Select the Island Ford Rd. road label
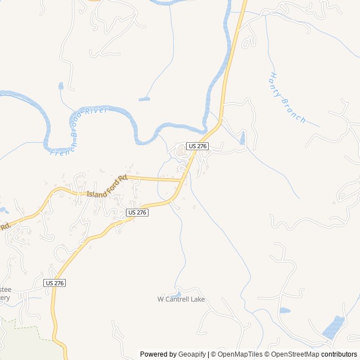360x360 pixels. [x=107, y=187]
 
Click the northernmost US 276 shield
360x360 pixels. [x=198, y=146]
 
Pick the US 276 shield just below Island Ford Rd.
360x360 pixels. [x=137, y=212]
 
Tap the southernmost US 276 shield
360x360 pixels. [x=55, y=283]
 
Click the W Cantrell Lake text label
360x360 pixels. [x=181, y=299]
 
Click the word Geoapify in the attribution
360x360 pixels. [x=192, y=354]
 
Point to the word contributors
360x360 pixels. [x=339, y=354]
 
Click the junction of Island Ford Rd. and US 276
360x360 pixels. [x=182, y=181]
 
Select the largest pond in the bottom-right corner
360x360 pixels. [x=334, y=327]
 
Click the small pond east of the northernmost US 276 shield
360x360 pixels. [x=243, y=138]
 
